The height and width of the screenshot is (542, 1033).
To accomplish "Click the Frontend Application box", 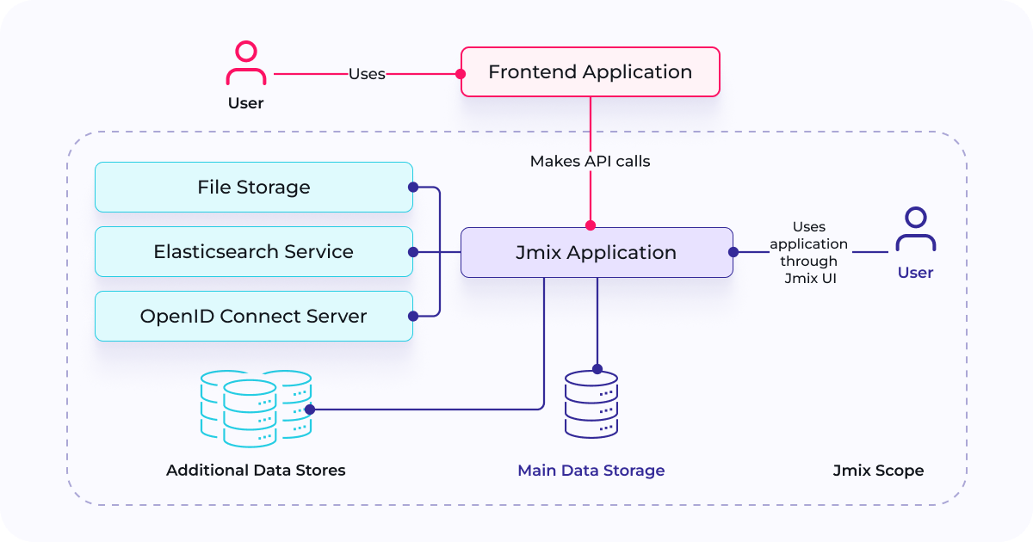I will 590,71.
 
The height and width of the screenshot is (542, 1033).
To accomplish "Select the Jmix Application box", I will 596,252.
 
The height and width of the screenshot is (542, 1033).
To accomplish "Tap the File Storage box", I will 253,187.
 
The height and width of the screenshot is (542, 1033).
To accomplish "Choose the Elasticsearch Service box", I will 253,251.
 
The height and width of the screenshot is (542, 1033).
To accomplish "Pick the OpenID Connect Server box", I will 253,316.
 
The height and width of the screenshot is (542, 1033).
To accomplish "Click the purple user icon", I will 915,230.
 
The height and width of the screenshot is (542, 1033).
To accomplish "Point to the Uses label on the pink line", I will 367,74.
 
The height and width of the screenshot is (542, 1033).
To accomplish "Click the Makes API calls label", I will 590,161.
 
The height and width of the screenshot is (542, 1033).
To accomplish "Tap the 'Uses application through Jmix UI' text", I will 808,252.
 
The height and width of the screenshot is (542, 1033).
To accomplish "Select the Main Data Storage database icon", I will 591,405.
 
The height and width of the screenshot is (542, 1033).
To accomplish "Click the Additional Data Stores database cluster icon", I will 256,409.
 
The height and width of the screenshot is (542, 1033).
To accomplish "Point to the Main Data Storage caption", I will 591,471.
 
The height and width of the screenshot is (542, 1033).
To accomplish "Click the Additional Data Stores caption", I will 256,471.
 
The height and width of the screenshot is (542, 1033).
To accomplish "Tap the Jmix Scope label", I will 878,471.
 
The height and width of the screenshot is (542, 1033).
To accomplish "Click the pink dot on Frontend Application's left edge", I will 461,74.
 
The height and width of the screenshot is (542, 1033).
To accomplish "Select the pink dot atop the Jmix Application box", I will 590,225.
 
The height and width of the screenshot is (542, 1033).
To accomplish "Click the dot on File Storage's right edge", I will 413,187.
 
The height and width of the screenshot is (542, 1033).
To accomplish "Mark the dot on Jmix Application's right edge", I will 733,252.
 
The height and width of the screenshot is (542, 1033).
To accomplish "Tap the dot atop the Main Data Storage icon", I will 597,369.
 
